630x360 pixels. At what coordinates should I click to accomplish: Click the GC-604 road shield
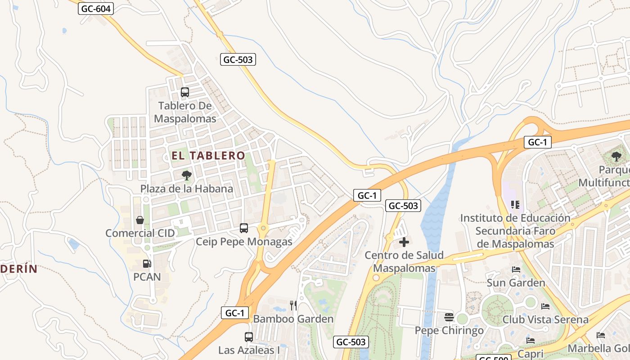(96, 9)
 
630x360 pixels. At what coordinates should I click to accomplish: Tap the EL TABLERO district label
(208, 156)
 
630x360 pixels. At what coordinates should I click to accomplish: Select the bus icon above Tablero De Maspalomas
(185, 92)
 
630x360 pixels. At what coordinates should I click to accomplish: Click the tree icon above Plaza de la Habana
(186, 175)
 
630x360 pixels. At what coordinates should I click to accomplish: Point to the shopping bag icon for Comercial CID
(140, 220)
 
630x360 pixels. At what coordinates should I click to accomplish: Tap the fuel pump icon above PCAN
(147, 264)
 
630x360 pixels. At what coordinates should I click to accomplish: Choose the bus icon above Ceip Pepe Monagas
(244, 228)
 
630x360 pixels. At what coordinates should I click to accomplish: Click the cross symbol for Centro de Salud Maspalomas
(404, 242)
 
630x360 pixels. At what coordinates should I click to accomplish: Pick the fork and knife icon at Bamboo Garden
(293, 306)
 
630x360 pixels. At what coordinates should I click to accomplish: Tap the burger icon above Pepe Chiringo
(449, 317)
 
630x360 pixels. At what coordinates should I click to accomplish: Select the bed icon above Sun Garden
(516, 270)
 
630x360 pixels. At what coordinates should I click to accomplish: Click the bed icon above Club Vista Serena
(545, 306)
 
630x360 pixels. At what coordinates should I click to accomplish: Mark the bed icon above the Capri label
(531, 340)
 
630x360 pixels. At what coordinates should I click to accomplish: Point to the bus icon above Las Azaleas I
(248, 337)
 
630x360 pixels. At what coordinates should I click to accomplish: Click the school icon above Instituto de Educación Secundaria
(515, 205)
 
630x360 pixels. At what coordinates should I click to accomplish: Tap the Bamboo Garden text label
(293, 319)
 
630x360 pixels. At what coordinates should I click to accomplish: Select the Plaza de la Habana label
(187, 189)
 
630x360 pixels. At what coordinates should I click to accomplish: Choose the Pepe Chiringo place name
(449, 331)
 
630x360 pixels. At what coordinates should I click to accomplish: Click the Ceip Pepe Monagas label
(244, 242)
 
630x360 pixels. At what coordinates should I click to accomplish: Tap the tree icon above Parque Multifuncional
(616, 157)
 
